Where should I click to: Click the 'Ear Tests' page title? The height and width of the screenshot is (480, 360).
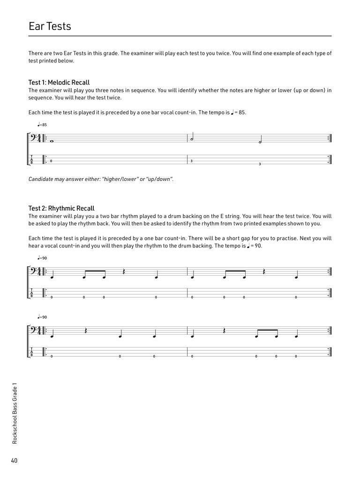(50, 26)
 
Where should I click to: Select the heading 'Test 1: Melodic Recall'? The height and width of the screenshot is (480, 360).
(59, 82)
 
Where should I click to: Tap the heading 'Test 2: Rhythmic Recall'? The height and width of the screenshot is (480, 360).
(61, 208)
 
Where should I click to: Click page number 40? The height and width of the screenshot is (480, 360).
(15, 461)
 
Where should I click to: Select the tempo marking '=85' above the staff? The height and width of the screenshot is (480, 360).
(42, 125)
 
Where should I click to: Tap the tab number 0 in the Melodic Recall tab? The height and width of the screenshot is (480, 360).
(51, 161)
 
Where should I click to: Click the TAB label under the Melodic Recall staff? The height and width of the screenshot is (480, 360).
(32, 159)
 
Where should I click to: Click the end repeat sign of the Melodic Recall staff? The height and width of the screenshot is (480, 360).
(329, 138)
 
